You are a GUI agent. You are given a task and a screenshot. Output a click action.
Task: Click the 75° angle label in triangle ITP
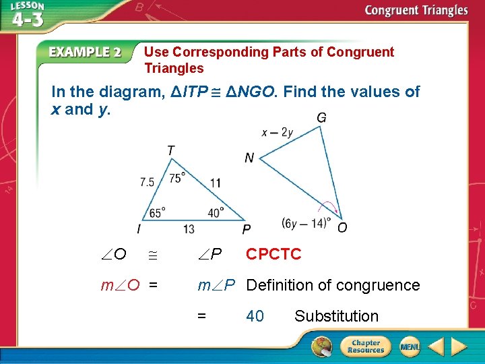[179, 178]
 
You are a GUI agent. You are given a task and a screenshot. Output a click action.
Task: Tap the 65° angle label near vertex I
[156, 212]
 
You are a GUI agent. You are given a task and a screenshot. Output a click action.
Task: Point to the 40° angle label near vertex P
[216, 212]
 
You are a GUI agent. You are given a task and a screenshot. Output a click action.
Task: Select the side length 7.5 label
[148, 182]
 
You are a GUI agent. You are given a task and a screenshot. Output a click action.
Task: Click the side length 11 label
[216, 183]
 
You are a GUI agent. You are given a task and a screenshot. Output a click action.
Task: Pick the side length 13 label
[189, 229]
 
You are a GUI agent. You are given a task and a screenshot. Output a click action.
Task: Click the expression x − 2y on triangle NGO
[278, 133]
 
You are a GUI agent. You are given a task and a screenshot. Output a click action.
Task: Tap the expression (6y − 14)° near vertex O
[306, 223]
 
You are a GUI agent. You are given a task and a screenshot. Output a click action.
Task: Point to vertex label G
[322, 119]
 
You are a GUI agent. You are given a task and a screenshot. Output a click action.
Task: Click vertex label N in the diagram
[249, 158]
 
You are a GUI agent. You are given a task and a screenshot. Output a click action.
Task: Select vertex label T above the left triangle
[171, 150]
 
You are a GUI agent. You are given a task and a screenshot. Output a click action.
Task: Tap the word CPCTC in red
[273, 254]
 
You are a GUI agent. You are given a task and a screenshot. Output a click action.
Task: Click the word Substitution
[337, 316]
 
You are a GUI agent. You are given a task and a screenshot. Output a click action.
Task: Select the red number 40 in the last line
[255, 316]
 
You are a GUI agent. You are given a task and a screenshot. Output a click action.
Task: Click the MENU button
[410, 346]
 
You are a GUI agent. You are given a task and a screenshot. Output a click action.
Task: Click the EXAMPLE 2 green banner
[84, 53]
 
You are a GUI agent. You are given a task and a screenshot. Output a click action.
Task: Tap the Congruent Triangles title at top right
[416, 10]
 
